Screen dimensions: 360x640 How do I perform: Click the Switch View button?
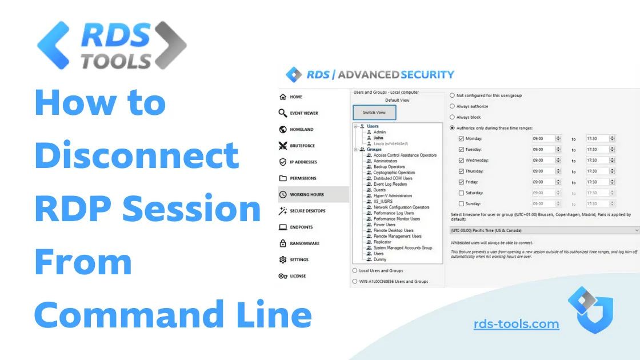click(374, 113)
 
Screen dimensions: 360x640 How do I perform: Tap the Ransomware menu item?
click(305, 243)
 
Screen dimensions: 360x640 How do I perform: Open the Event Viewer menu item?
click(303, 113)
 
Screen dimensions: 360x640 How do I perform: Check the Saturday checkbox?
click(461, 193)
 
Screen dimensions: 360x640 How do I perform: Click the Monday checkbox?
click(461, 139)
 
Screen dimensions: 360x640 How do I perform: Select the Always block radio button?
click(453, 117)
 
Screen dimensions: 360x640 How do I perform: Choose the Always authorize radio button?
click(453, 106)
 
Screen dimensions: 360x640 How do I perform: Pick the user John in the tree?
click(378, 138)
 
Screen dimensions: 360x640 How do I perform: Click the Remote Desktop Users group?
click(393, 230)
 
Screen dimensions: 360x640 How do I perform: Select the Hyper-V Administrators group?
click(393, 196)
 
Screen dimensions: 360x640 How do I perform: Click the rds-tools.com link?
click(516, 325)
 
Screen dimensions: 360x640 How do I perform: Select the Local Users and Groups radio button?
click(355, 271)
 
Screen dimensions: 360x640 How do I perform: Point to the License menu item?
click(298, 276)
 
